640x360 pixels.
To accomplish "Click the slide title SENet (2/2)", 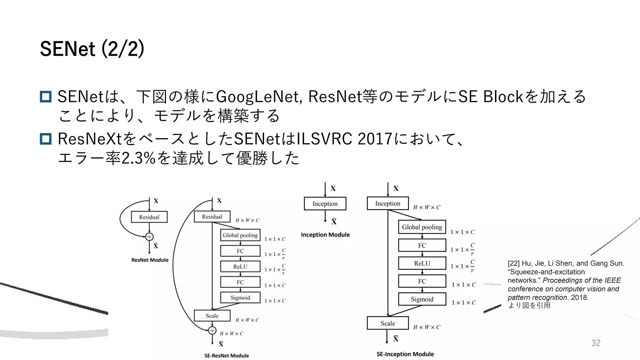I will click(92, 49).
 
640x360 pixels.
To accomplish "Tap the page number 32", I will click(596, 343).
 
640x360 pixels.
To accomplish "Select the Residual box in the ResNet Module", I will click(149, 217).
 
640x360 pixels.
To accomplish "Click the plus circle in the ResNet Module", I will click(149, 237).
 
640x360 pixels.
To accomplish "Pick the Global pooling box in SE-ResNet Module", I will click(240, 235).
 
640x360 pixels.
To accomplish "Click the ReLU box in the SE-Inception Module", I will click(422, 263).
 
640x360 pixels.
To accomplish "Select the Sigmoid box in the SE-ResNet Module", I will click(240, 297).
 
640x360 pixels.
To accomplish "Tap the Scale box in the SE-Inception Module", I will click(387, 323).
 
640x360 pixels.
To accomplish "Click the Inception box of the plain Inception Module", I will click(325, 204).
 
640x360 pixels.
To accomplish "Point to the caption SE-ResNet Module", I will click(227, 356).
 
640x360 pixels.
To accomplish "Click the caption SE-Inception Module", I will click(405, 354).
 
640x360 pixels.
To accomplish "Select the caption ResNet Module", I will click(150, 260).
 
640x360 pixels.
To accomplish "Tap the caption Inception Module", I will click(325, 235).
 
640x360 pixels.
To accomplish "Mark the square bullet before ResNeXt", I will click(46, 139).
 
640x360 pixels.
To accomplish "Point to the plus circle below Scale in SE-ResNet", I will click(212, 330).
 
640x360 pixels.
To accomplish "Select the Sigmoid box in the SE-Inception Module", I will click(422, 299).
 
